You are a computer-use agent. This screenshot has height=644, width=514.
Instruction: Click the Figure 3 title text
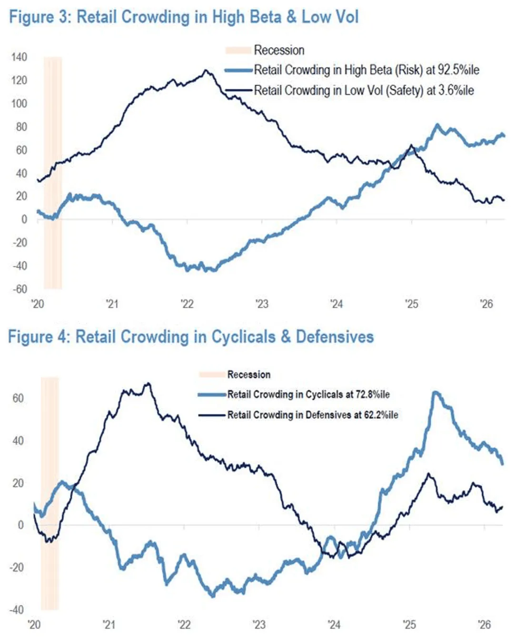point(184,17)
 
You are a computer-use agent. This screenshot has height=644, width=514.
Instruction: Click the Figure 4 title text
point(191,337)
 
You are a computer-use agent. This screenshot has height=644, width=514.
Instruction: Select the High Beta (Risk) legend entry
point(366,70)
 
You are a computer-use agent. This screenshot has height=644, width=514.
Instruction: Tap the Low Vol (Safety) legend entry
point(364,91)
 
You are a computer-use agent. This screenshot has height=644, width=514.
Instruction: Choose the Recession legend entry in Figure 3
point(278,50)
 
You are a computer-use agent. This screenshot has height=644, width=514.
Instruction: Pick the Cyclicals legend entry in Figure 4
point(308,394)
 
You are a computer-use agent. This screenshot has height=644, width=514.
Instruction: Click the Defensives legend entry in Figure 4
point(312,415)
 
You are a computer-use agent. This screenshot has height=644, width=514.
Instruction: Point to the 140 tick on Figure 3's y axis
point(19,57)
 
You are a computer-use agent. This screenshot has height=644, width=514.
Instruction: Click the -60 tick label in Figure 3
point(20,289)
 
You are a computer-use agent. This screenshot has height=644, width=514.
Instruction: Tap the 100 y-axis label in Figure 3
point(19,103)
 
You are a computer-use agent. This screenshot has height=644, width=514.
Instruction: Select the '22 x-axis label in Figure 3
point(187,304)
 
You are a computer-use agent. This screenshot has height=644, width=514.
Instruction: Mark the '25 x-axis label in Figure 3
point(412,304)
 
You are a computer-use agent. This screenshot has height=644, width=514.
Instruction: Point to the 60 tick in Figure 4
point(18,398)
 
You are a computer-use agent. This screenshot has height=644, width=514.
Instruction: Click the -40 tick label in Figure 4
point(17,610)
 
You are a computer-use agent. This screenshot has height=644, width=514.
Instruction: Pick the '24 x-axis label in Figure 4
point(334,624)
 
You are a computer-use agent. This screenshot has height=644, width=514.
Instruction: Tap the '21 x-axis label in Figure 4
point(109,624)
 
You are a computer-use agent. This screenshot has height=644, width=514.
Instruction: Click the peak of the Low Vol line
point(206,70)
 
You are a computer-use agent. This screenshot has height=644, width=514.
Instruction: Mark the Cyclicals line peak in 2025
point(435,392)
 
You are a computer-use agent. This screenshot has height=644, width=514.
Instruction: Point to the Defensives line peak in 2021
point(148,383)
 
